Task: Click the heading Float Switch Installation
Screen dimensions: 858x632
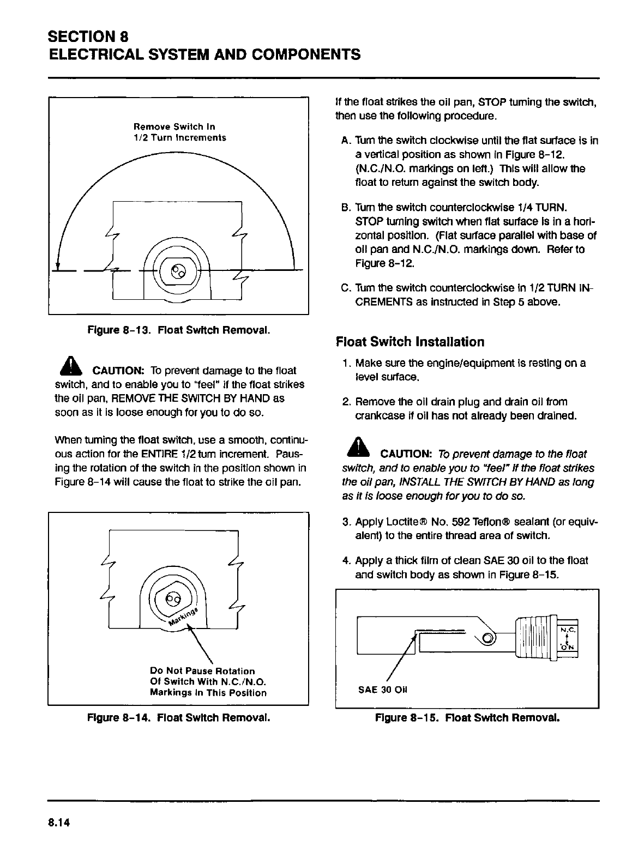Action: [x=410, y=342]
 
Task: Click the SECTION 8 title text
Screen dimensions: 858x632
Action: [x=88, y=37]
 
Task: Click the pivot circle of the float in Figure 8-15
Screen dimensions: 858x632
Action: [x=489, y=638]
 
